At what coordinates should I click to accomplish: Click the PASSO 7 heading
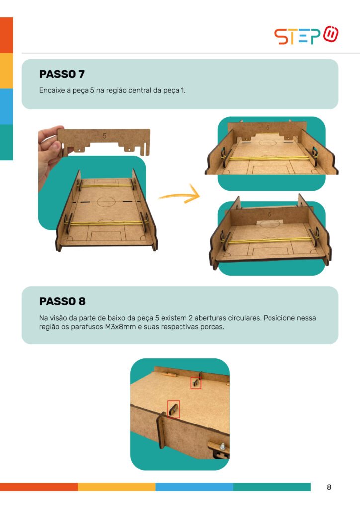(62, 74)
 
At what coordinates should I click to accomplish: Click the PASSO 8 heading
(62, 301)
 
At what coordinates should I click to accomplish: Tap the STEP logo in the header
(306, 35)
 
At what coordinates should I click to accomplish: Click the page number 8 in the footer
(329, 487)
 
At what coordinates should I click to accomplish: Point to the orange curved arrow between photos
(180, 195)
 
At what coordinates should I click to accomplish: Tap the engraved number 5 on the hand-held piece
(104, 136)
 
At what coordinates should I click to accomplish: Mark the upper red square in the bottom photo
(196, 383)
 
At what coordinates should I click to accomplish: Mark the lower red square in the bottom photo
(174, 409)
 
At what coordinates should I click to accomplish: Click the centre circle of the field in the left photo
(106, 202)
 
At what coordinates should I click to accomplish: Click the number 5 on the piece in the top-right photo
(268, 128)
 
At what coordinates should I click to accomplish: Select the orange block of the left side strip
(6, 35)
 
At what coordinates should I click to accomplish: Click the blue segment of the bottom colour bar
(194, 487)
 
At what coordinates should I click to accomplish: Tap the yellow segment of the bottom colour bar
(116, 487)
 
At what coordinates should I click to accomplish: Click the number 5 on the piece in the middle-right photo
(270, 214)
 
